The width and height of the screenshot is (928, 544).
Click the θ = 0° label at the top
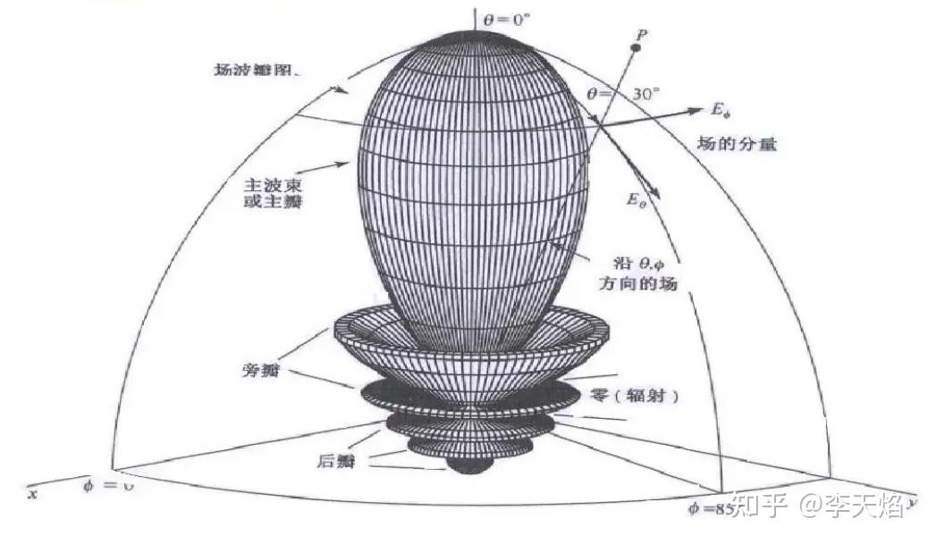pyautogui.click(x=506, y=17)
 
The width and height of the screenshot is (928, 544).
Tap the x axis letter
pyautogui.click(x=32, y=493)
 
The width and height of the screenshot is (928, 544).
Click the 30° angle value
pyautogui.click(x=642, y=93)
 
